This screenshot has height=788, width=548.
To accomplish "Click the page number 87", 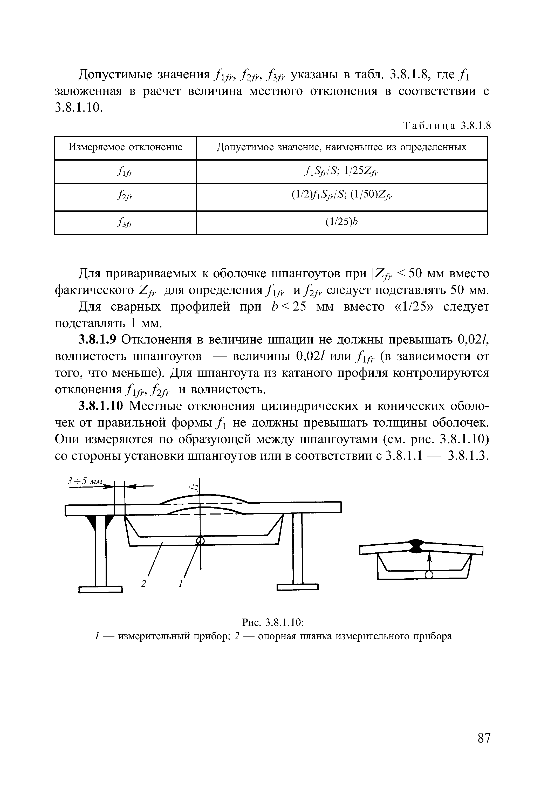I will [484, 738].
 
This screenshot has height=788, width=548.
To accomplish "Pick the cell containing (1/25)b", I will [341, 222].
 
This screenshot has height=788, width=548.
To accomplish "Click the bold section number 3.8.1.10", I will [100, 406].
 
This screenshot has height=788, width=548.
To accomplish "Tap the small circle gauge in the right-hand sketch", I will [429, 575].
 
